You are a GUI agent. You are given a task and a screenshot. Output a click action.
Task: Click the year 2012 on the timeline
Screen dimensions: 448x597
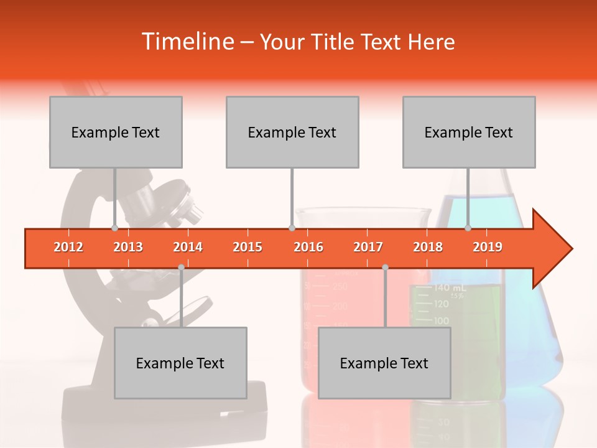coord(68,247)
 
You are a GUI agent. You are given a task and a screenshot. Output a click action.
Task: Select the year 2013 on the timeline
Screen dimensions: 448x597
coord(128,247)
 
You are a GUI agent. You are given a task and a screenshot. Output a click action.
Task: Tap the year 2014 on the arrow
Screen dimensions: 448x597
coord(188,247)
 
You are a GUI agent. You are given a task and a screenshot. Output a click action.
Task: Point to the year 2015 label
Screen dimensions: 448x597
coord(248,247)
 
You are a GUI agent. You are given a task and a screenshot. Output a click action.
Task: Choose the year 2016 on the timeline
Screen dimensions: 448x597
coord(308,247)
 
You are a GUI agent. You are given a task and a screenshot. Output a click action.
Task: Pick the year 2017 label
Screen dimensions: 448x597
coord(368,247)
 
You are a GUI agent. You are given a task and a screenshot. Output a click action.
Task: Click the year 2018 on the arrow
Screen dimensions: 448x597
coord(428,247)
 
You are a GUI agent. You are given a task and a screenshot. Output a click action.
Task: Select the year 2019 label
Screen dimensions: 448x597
coord(488,247)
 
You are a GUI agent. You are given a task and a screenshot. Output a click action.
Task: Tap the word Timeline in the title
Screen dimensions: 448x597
coord(187,42)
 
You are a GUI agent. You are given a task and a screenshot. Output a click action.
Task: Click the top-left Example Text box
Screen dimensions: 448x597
coord(116,132)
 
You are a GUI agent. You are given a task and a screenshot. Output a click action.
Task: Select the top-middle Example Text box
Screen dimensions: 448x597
coord(292,132)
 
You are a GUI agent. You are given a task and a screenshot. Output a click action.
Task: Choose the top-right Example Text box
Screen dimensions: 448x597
coord(469,132)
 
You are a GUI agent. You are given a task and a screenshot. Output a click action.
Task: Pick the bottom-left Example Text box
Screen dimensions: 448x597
coord(180,363)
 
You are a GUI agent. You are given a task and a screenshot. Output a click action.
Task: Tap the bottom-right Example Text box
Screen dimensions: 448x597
coord(384,363)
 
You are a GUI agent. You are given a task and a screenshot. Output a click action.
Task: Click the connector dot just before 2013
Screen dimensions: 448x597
coord(114,228)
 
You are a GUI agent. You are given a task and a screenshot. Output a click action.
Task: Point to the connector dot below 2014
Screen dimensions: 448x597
coord(181,267)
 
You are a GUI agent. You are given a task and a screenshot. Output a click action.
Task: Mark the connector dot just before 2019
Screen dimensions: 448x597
coord(468,228)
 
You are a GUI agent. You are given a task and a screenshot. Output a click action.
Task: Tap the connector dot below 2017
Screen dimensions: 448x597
coord(385,267)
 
